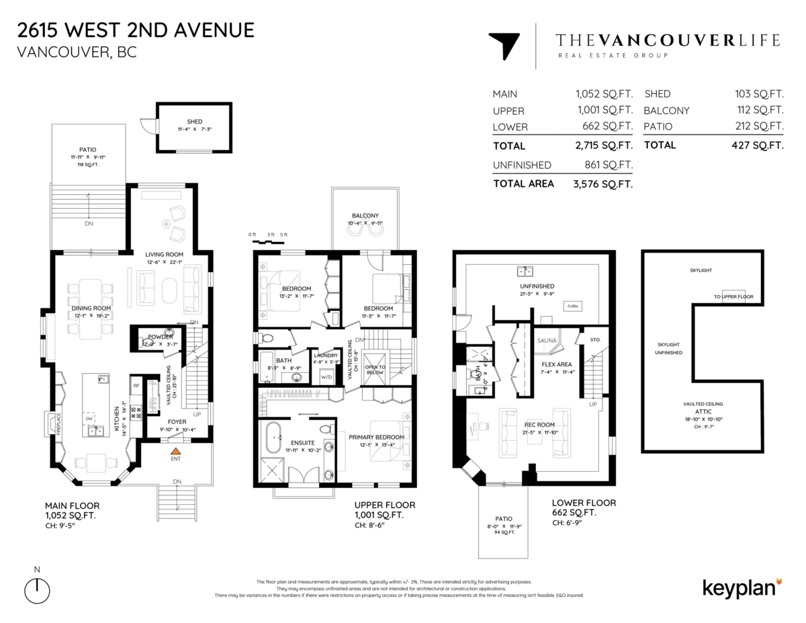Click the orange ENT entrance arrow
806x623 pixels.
pos(175,452)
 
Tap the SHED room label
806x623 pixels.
pos(195,122)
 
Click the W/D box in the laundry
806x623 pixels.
pos(327,376)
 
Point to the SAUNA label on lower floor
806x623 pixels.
pos(547,341)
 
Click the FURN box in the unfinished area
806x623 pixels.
pos(573,306)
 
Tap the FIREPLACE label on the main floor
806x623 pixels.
pos(58,425)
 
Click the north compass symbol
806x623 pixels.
pos(38,589)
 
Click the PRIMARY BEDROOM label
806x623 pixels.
pos(376,437)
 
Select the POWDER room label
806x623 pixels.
pos(160,337)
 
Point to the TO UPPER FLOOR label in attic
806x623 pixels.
pos(733,296)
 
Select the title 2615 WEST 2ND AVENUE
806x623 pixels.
pos(136,30)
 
